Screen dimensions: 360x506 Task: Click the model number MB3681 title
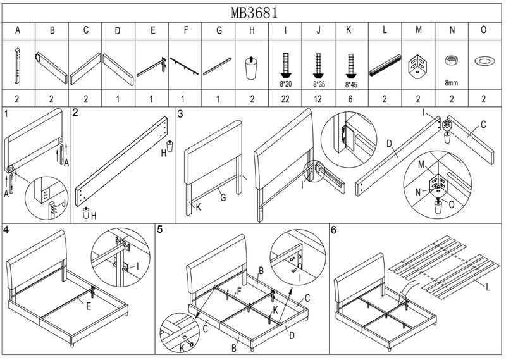pos(254,12)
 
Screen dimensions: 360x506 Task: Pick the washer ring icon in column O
pos(484,60)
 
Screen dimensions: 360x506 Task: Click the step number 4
pos(6,228)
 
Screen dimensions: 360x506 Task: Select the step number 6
pos(333,228)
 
